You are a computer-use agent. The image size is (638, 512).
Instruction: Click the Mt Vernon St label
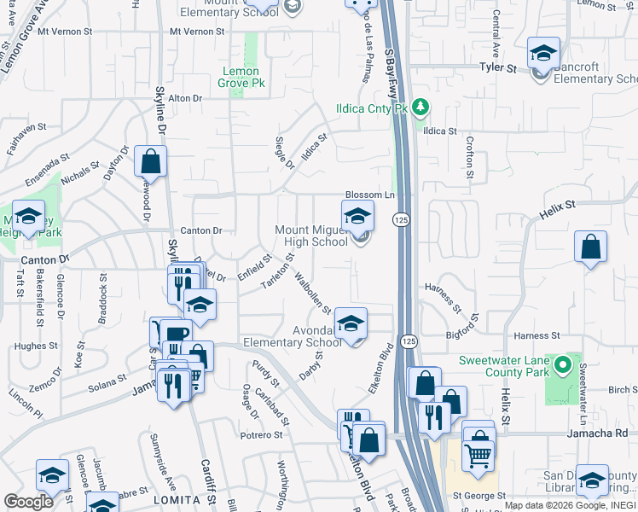[x=196, y=32]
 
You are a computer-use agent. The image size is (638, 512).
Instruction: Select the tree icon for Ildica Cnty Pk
[x=419, y=107]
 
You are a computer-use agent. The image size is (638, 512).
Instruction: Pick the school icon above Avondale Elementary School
[x=351, y=323]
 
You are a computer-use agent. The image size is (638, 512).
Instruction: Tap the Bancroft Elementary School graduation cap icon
[x=543, y=54]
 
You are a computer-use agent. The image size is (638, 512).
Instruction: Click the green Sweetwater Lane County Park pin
[x=562, y=366]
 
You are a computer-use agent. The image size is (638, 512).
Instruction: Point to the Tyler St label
[x=498, y=66]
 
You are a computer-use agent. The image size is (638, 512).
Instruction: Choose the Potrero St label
[x=261, y=435]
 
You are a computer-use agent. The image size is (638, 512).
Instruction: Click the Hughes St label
[x=35, y=346]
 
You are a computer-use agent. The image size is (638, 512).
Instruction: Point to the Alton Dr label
[x=185, y=98]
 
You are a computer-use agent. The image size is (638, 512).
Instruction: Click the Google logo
[x=28, y=502]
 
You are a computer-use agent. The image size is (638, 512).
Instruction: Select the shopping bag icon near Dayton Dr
[x=150, y=161]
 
